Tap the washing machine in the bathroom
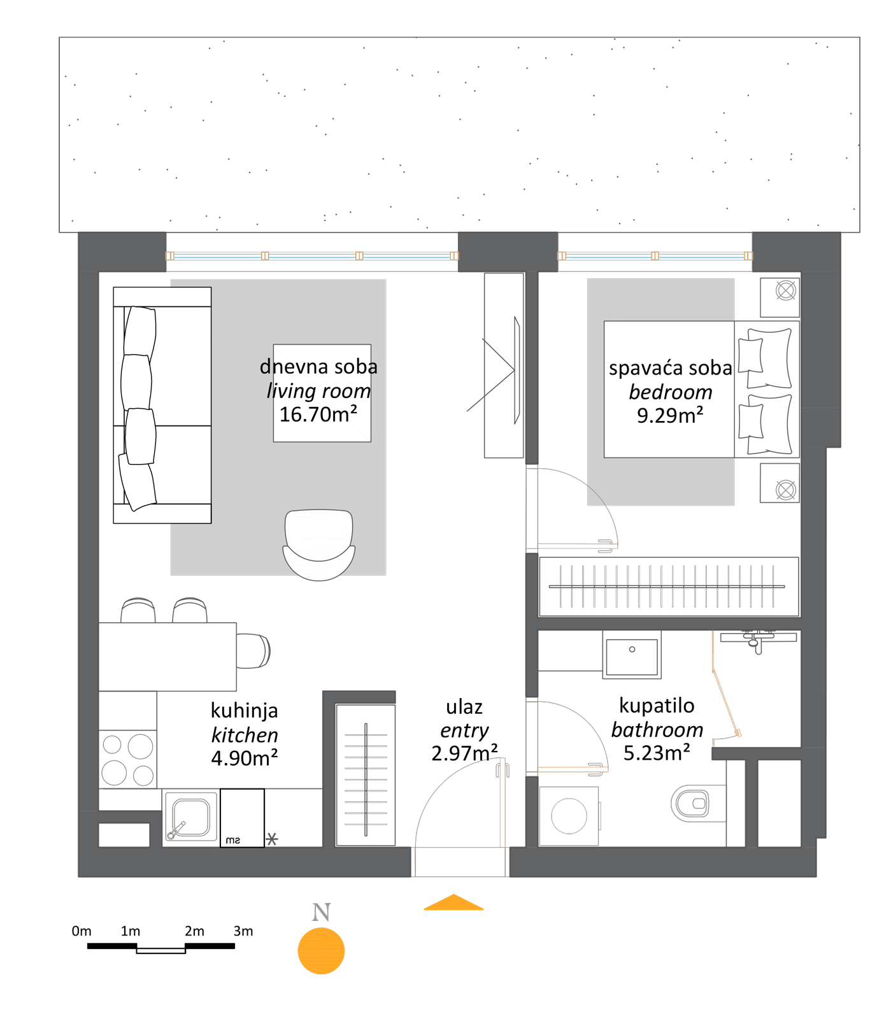569,816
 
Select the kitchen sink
190,816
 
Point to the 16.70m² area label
318,415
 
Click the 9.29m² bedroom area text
670,415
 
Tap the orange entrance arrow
453,902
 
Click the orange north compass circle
322,951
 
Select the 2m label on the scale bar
194,931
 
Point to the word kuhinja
245,711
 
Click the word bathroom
657,730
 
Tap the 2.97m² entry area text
464,753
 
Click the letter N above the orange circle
322,913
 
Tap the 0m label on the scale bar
82,931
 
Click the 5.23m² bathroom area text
657,753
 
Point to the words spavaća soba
670,368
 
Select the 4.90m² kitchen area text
245,759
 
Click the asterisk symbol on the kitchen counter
272,839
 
